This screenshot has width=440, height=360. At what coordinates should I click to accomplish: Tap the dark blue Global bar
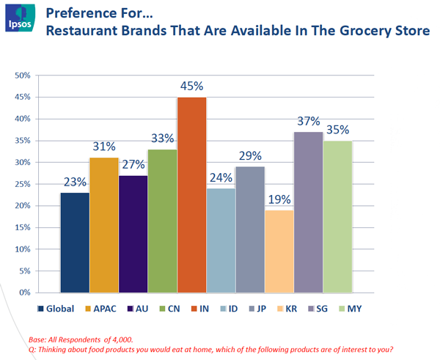pyautogui.click(x=75, y=242)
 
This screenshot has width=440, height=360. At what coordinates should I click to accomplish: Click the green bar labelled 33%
pyautogui.click(x=162, y=220)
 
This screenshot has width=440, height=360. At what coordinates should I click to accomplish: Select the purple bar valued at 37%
pyautogui.click(x=308, y=212)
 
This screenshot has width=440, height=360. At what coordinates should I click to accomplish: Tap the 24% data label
pyautogui.click(x=220, y=177)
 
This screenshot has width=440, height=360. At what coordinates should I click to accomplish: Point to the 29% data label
pyautogui.click(x=249, y=156)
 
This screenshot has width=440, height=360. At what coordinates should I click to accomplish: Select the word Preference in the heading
pyautogui.click(x=81, y=12)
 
